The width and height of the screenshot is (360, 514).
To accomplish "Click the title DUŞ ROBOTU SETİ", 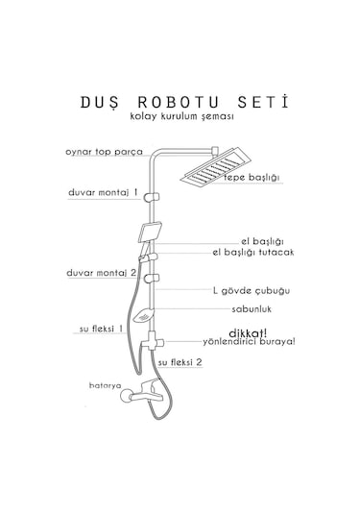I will (x=180, y=100).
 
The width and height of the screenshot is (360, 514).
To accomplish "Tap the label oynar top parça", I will (x=104, y=152).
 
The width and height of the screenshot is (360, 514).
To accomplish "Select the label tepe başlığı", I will (x=251, y=178).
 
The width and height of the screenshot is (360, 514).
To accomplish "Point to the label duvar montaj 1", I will (x=103, y=191).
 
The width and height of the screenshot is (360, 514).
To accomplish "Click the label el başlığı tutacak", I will (x=253, y=252).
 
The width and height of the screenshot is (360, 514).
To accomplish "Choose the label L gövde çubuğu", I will (x=252, y=290).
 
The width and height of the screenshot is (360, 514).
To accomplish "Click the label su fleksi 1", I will (x=101, y=329).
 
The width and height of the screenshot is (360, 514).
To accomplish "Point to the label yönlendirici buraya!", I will (x=248, y=341).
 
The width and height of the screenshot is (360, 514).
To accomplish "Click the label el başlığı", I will (x=261, y=240).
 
